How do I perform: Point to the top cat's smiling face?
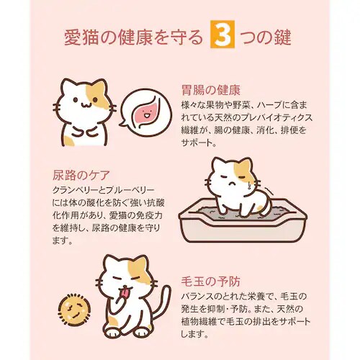[x=81, y=104]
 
